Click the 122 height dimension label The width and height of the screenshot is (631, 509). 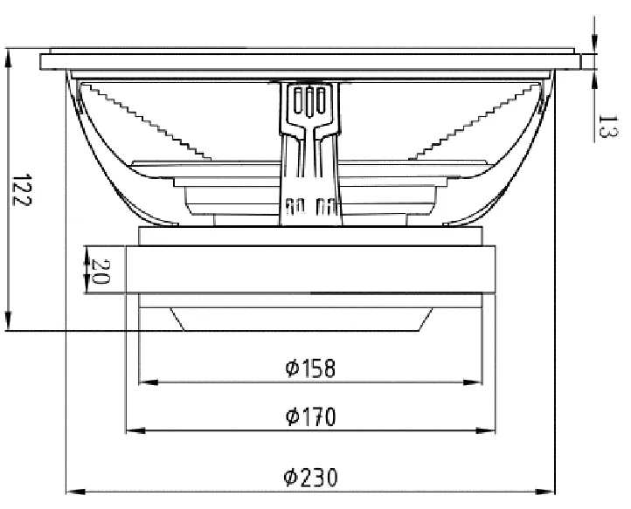click(x=22, y=189)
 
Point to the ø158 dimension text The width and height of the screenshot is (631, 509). click(x=310, y=368)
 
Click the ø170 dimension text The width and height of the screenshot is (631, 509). click(x=310, y=416)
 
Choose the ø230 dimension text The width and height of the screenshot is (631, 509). click(x=310, y=478)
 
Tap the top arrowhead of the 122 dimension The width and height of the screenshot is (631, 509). click(x=8, y=58)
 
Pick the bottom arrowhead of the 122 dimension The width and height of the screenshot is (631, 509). click(x=8, y=324)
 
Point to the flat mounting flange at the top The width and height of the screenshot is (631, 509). click(x=310, y=62)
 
